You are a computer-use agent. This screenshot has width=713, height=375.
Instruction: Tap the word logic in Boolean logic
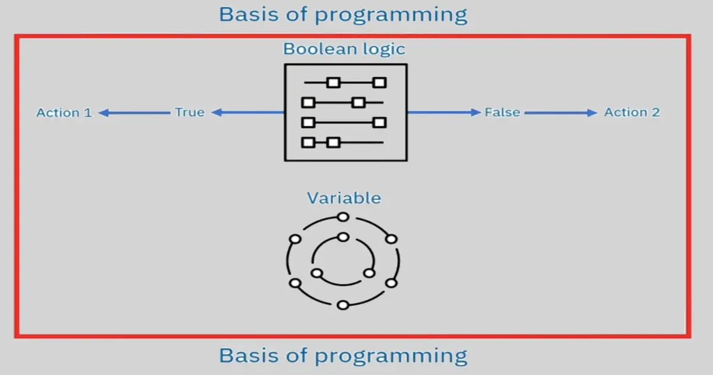[x=384, y=49]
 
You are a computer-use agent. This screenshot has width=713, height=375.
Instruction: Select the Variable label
[x=343, y=198]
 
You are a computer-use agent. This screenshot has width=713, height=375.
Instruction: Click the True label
[x=190, y=112]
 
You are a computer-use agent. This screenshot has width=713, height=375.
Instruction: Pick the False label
[x=502, y=112]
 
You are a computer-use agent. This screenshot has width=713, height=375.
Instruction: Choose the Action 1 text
[x=64, y=112]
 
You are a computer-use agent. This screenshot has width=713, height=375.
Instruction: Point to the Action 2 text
[x=632, y=112]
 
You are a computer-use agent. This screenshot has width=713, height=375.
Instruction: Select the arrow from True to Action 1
[x=134, y=112]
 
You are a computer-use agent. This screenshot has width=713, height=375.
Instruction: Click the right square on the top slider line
[x=380, y=83]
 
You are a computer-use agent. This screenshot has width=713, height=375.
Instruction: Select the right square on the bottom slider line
[x=333, y=142]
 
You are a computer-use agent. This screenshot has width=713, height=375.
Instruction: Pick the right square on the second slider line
[x=358, y=102]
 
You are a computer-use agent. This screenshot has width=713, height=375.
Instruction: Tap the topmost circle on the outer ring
[x=342, y=217]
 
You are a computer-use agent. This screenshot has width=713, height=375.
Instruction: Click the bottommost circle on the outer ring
[x=342, y=305]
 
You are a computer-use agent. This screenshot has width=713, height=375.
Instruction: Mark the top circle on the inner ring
[x=343, y=237]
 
